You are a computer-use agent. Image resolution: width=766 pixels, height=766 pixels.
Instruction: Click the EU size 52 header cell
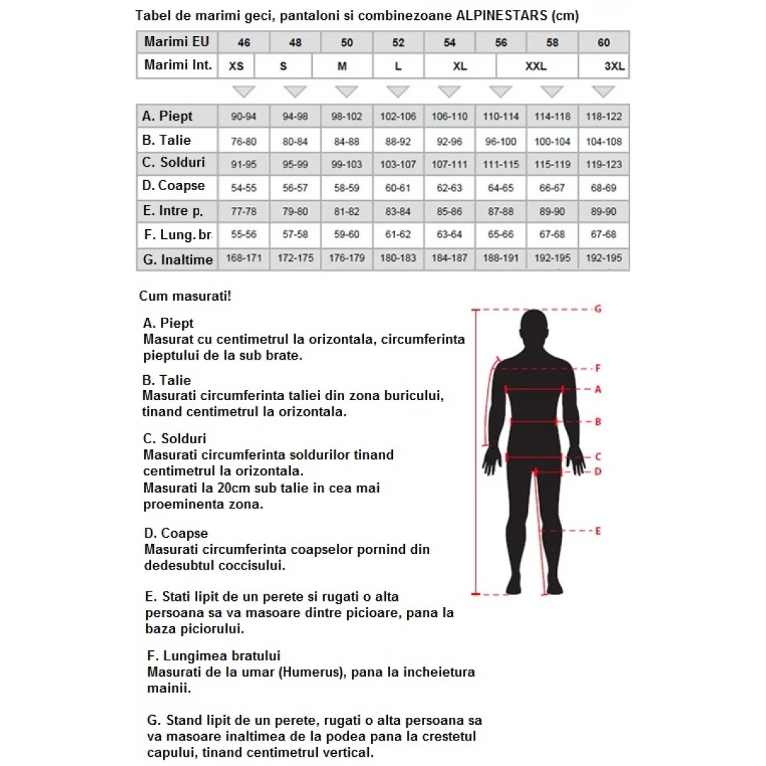pyautogui.click(x=399, y=43)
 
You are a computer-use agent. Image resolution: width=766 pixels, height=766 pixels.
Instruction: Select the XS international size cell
pyautogui.click(x=236, y=66)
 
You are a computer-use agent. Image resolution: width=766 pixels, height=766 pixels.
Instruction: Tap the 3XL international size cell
pyautogui.click(x=614, y=66)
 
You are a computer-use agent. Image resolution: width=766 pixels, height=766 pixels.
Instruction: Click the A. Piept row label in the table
pyautogui.click(x=168, y=116)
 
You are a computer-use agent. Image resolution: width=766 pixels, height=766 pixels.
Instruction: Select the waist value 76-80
pyautogui.click(x=244, y=141)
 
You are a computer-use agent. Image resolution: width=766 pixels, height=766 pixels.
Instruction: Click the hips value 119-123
pyautogui.click(x=604, y=165)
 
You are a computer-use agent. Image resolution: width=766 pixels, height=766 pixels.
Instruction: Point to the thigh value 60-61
pyautogui.click(x=399, y=188)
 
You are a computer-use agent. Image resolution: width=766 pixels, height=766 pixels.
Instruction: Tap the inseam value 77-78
pyautogui.click(x=244, y=211)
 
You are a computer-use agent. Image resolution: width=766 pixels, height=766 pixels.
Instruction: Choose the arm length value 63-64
pyautogui.click(x=450, y=235)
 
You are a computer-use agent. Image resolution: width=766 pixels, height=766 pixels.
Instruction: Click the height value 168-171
pyautogui.click(x=244, y=258)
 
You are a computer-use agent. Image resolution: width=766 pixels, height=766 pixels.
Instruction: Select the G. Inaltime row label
pyautogui.click(x=177, y=260)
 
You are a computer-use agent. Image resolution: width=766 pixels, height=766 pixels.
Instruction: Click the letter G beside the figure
pyautogui.click(x=597, y=309)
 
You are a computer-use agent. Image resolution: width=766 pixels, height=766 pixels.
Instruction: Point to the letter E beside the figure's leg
pyautogui.click(x=597, y=531)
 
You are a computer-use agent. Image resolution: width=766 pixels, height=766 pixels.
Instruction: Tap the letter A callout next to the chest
pyautogui.click(x=597, y=389)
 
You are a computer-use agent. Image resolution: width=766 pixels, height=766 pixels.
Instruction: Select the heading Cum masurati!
pyautogui.click(x=185, y=296)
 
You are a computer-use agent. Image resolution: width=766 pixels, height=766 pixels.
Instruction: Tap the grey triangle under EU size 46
pyautogui.click(x=244, y=91)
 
